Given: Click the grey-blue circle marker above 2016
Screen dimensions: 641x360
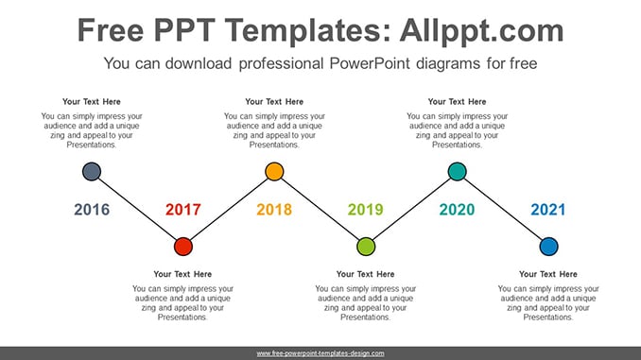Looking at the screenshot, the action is pos(92,171).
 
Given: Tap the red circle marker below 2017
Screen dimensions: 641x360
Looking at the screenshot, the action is pos(183,247).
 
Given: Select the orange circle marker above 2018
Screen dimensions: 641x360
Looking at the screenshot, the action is pos(274,171).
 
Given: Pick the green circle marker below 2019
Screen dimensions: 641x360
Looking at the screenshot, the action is pos(366,247).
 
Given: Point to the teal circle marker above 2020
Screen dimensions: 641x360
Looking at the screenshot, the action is pos(457,171).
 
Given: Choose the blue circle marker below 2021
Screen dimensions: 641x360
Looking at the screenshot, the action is pos(548,247).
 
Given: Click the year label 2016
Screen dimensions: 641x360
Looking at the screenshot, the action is pos(92,210).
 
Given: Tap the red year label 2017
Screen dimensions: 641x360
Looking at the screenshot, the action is pos(183,210).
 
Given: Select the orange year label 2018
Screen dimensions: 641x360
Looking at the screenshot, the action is pos(274,210).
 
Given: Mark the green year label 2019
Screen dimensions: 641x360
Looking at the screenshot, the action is pos(366,210).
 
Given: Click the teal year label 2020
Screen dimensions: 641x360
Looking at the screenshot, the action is pos(457,210).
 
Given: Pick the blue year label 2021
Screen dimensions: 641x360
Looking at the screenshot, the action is pos(548,210).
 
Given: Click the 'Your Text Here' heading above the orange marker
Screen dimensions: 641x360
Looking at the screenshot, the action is pos(274,102).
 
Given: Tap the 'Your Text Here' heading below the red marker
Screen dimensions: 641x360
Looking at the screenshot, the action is pos(182,274).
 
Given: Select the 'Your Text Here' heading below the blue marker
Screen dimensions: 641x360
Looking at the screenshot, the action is pos(548,274).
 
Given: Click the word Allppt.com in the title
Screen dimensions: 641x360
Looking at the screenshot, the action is pos(482,30).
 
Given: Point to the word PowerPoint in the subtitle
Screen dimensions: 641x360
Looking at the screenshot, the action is pos(370,63).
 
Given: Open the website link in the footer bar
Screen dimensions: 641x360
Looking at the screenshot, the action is pos(320,353).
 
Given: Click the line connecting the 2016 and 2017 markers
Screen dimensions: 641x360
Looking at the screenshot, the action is pos(137,209).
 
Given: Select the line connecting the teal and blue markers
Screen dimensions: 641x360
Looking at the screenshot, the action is pos(503,209).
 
